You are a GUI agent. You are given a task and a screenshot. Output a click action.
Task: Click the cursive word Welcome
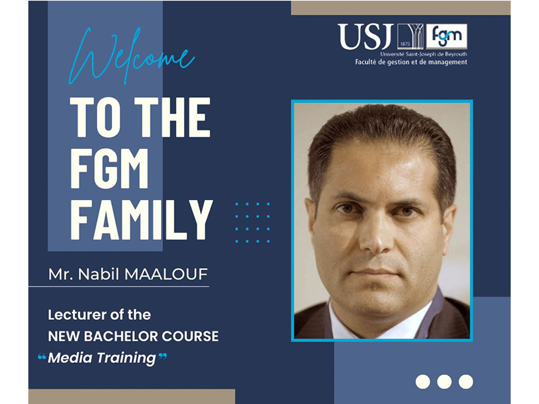point(132,56)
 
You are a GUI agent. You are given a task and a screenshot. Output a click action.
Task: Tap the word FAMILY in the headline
point(141,220)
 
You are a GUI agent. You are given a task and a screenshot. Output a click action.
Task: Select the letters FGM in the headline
point(109,168)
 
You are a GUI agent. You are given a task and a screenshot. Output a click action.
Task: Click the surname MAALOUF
point(166,274)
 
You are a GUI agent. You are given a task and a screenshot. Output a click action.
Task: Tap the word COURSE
point(190,336)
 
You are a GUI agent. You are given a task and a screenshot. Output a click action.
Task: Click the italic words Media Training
point(102,358)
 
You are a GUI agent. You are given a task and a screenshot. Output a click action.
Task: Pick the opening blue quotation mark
point(42,358)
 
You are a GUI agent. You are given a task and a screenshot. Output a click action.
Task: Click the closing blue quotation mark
point(162,357)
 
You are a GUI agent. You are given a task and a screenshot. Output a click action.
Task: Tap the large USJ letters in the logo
point(366,36)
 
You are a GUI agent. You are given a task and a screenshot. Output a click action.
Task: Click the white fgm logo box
point(447,36)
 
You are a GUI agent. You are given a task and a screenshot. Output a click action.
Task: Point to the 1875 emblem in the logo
point(410,36)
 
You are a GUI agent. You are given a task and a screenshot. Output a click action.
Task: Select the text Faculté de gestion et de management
point(411,62)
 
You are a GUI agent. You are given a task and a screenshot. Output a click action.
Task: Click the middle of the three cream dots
point(444,382)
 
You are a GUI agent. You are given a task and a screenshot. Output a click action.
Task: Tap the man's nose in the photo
point(375,234)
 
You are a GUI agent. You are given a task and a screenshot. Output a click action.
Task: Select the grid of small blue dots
point(253,223)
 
